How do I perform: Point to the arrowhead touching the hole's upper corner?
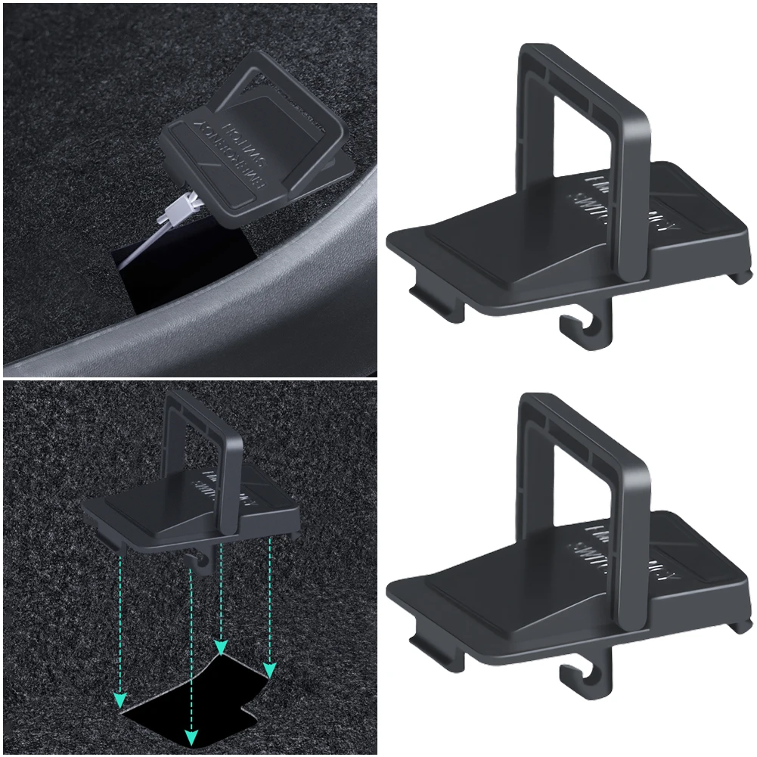221,647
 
